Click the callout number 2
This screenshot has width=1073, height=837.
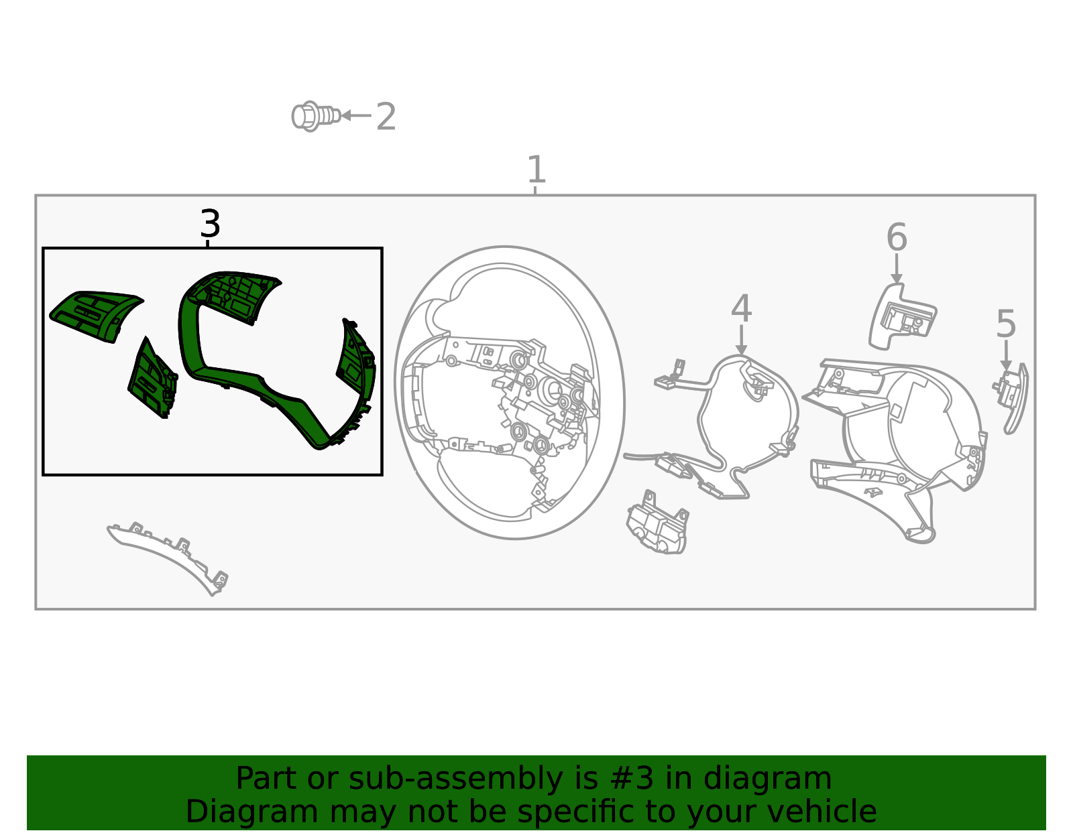(386, 117)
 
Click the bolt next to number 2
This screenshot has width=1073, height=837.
(316, 117)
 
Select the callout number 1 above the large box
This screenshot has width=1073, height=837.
(536, 169)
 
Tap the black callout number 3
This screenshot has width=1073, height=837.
(210, 223)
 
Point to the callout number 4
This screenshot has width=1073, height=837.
(741, 308)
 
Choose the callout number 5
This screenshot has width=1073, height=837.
(1006, 324)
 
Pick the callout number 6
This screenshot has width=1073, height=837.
(897, 237)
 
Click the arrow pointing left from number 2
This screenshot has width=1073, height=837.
(356, 115)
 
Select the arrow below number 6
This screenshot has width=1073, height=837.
(896, 268)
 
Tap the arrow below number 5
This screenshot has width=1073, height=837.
(1006, 355)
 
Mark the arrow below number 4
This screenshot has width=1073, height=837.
(741, 340)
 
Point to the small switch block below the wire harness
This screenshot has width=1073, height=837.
(657, 523)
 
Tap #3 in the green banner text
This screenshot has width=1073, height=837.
(632, 779)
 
